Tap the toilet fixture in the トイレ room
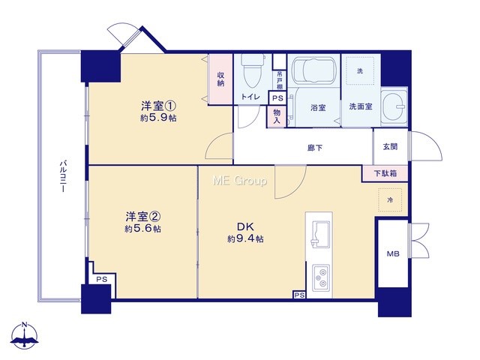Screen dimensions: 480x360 [x=253, y=71]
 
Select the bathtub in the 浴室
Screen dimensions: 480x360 [x=313, y=70]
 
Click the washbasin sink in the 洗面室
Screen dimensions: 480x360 [x=394, y=106]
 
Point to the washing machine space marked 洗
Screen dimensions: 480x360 [x=360, y=70]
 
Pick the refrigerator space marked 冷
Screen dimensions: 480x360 [x=390, y=200]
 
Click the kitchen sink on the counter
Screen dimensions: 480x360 [x=320, y=234]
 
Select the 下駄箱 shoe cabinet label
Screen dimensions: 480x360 [x=385, y=173]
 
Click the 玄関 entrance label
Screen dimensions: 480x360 [x=390, y=147]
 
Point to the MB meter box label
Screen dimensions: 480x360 [x=393, y=253]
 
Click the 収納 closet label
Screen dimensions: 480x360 [x=220, y=79]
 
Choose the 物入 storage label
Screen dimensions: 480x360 [x=277, y=116]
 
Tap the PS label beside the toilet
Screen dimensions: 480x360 [x=277, y=98]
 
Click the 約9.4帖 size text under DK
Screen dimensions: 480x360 [x=245, y=238]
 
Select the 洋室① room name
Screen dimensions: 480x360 [x=158, y=106]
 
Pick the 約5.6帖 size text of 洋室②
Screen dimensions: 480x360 [x=142, y=228]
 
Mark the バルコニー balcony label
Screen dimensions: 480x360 [x=63, y=175]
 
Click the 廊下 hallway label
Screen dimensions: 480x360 [x=315, y=148]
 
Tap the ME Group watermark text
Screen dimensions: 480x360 [x=240, y=181]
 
